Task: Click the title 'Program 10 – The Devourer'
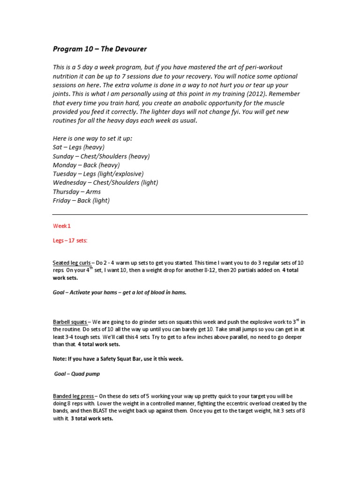pyautogui.click(x=100, y=49)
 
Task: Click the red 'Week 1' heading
pyautogui.click(x=62, y=225)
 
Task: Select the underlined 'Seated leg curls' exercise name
pyautogui.click(x=72, y=262)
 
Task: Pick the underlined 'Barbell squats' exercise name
pyautogui.click(x=70, y=322)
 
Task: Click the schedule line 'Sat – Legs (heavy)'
pyautogui.click(x=79, y=147)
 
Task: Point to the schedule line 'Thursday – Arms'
pyautogui.click(x=77, y=192)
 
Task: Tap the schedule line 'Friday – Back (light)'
pyautogui.click(x=82, y=201)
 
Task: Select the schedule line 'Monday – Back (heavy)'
pyautogui.click(x=86, y=165)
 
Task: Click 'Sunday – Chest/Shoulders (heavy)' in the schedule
pyautogui.click(x=101, y=156)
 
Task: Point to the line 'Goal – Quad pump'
pyautogui.click(x=77, y=374)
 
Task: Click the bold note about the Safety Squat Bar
pyautogui.click(x=118, y=359)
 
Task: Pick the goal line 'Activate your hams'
pyautogui.click(x=120, y=292)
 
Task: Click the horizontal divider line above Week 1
pyautogui.click(x=180, y=214)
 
